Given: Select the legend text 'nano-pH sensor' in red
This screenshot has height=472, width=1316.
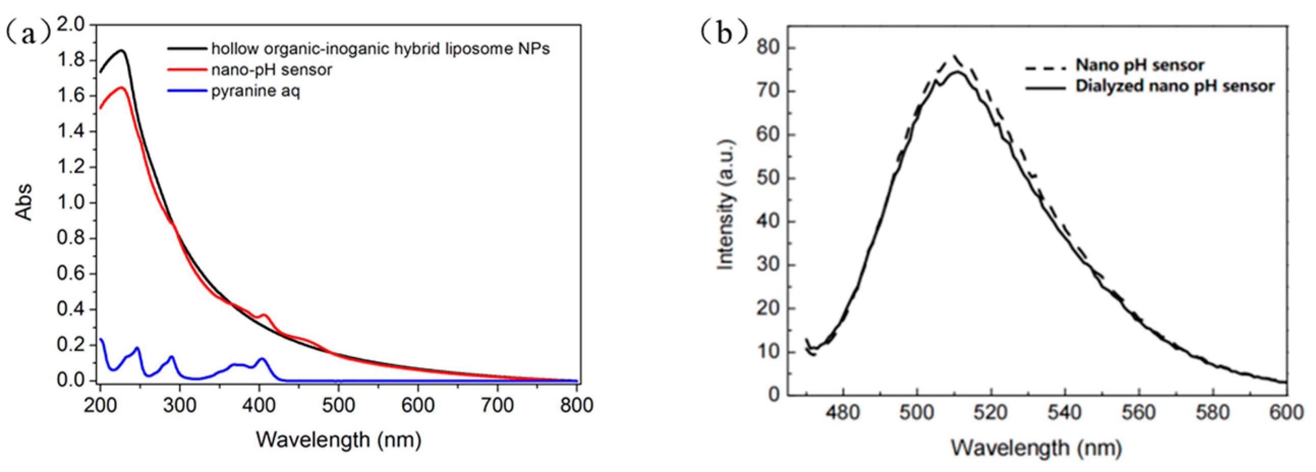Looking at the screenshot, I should tap(271, 70).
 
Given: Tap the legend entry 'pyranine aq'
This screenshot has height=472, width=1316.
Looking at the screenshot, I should tap(255, 91).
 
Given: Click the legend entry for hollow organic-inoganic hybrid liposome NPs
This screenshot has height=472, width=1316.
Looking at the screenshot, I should tap(380, 48).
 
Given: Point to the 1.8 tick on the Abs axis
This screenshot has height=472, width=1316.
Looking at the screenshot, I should tap(74, 60).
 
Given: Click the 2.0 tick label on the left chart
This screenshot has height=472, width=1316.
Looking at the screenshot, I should tap(74, 24).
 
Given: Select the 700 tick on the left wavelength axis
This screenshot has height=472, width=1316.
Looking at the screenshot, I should tap(497, 405).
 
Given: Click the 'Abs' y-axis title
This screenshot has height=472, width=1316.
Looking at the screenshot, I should tap(24, 202).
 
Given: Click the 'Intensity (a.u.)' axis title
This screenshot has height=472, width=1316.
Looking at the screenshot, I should tap(726, 204).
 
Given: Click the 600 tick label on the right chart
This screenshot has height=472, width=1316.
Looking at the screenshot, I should tap(1286, 412).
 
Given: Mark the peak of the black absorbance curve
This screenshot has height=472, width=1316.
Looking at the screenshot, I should tap(121, 50).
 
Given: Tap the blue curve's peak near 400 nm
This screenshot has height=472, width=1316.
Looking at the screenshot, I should tap(262, 358).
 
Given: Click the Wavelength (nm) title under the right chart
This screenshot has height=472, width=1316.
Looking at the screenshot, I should tap(1036, 448).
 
